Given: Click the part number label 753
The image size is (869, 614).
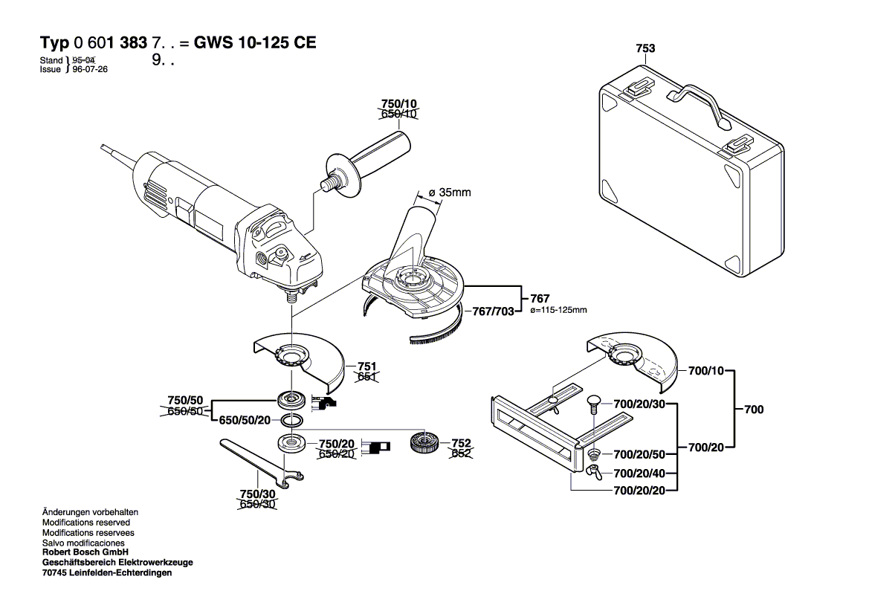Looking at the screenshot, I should tap(645, 48).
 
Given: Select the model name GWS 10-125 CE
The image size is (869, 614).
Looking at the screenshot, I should tap(254, 42).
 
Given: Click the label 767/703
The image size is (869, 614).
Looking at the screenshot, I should tap(493, 311).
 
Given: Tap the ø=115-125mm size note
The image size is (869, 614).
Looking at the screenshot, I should tap(558, 310).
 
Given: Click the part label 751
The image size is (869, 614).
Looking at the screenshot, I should tap(367, 366).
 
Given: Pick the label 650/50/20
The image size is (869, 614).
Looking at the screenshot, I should tap(245, 420).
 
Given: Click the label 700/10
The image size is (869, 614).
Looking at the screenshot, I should tap(705, 369).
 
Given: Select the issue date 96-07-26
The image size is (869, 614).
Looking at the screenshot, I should tap(88, 69).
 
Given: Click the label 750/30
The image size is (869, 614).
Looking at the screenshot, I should tap(257, 494).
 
